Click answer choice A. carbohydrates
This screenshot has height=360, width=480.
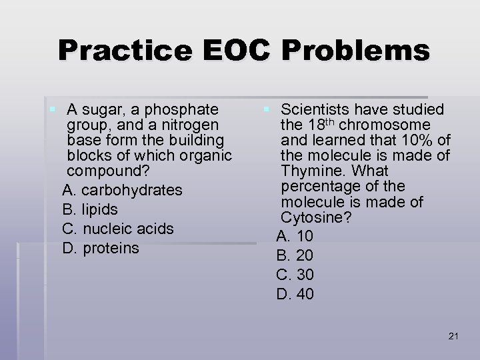pyautogui.click(x=122, y=190)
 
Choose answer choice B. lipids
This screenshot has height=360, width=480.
pyautogui.click(x=89, y=209)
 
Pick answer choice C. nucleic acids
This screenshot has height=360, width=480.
pyautogui.click(x=117, y=229)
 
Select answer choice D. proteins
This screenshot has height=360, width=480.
pyautogui.click(x=101, y=248)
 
